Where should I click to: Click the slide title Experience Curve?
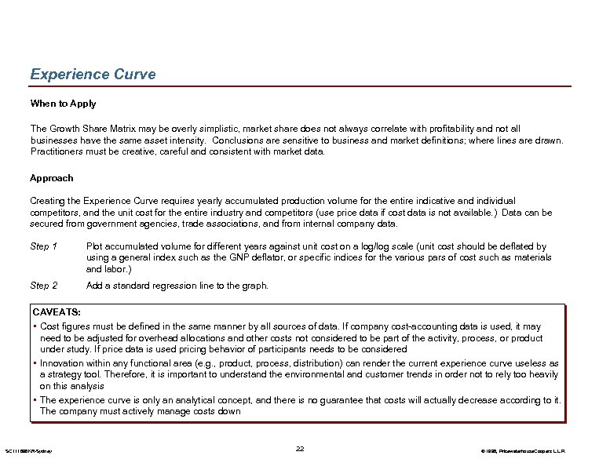[93, 75]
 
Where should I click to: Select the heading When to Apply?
[63, 104]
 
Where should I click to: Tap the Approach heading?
[52, 178]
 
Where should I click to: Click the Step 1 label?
[44, 246]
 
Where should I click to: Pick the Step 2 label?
[44, 286]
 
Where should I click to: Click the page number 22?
[300, 448]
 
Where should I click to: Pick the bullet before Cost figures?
[35, 326]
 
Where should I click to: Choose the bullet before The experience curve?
[35, 400]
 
